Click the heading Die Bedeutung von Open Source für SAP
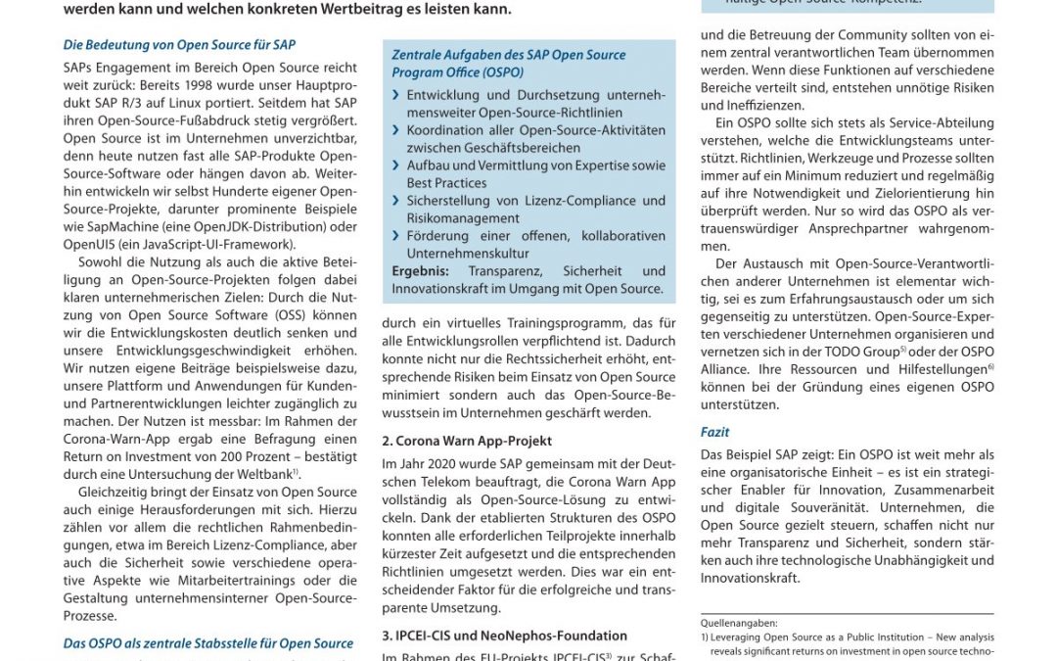(x=179, y=45)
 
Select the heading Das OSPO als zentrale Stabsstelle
(x=208, y=643)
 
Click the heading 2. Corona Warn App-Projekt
(x=467, y=441)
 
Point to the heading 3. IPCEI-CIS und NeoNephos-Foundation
(x=504, y=636)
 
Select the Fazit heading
(x=714, y=432)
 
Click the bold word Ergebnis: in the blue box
(x=421, y=271)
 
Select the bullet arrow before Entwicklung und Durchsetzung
(x=395, y=95)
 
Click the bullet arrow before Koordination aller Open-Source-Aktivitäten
(x=395, y=130)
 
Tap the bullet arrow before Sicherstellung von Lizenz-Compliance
(x=395, y=201)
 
